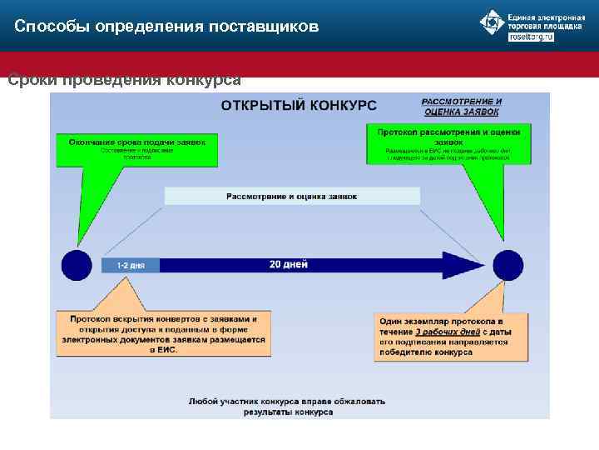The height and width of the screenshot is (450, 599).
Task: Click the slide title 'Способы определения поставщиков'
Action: click(x=166, y=27)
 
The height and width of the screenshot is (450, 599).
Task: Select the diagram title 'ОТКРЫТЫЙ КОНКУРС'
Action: click(x=299, y=106)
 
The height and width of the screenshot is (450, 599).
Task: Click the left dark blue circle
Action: click(x=77, y=265)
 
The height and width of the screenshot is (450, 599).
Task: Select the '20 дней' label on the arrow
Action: click(x=289, y=265)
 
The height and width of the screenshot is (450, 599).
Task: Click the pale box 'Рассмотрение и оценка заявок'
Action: click(x=292, y=197)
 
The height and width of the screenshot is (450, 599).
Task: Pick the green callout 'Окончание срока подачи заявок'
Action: click(x=137, y=148)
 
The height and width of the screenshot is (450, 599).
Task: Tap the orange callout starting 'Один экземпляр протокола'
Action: click(x=450, y=336)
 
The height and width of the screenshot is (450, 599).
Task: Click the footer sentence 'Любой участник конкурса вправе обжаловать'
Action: click(x=287, y=401)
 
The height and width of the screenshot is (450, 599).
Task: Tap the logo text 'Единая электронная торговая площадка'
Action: click(x=546, y=22)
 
